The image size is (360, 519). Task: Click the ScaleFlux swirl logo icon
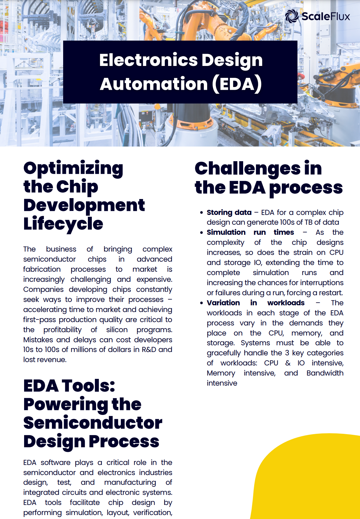pos(292,16)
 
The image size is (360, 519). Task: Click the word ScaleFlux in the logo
pos(326,16)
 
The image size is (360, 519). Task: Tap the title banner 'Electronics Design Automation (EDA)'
pos(180,72)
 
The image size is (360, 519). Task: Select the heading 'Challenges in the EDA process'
pos(268,178)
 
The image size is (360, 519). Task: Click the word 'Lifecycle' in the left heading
pos(63,224)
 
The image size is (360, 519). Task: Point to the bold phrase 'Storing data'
pos(229,212)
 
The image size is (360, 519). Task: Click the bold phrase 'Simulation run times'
pos(250,232)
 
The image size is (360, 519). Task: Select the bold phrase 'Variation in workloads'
pos(255,303)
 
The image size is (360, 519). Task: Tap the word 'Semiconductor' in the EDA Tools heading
pos(93,423)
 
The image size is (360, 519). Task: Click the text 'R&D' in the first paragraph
pos(149,350)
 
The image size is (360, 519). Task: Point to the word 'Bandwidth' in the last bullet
pos(325,373)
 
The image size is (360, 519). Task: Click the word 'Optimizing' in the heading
pos(73,169)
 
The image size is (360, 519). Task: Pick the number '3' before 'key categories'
pos(287,353)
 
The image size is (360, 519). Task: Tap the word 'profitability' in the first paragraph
pos(63,330)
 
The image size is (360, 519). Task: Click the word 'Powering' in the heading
pos(66,405)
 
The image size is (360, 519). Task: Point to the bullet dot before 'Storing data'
pos(201,212)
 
